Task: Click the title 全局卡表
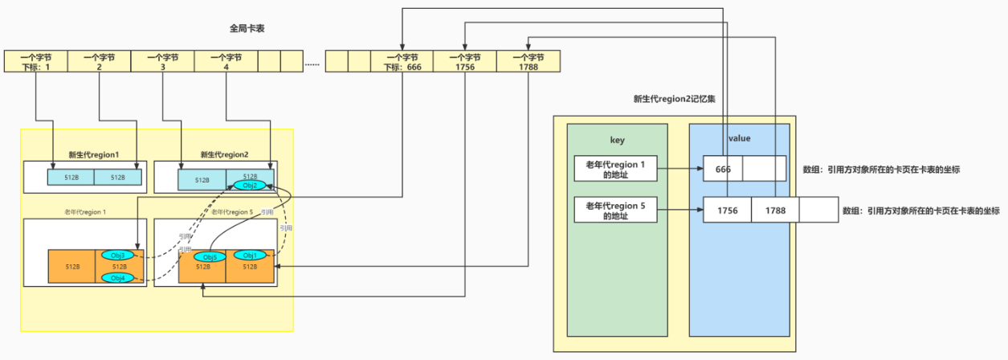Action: pos(247,28)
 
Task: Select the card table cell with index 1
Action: pos(36,62)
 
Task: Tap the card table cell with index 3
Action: pos(162,62)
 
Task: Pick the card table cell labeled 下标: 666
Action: pos(402,62)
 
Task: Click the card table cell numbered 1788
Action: pos(528,62)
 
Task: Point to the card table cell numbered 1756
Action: pos(465,62)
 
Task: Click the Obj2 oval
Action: pos(249,186)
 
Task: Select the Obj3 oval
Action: pos(117,256)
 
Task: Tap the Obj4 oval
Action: pos(117,277)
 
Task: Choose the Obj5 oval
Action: pos(210,257)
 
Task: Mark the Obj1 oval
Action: pos(249,256)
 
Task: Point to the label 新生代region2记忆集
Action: pos(674,100)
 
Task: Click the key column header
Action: pos(617,140)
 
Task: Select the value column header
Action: pos(739,138)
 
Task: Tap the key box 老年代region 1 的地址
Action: pos(616,169)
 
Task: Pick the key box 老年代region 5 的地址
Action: pos(616,211)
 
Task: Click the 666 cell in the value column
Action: pos(723,169)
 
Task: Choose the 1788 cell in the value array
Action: pos(775,210)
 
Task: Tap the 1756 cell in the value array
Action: pos(728,210)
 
